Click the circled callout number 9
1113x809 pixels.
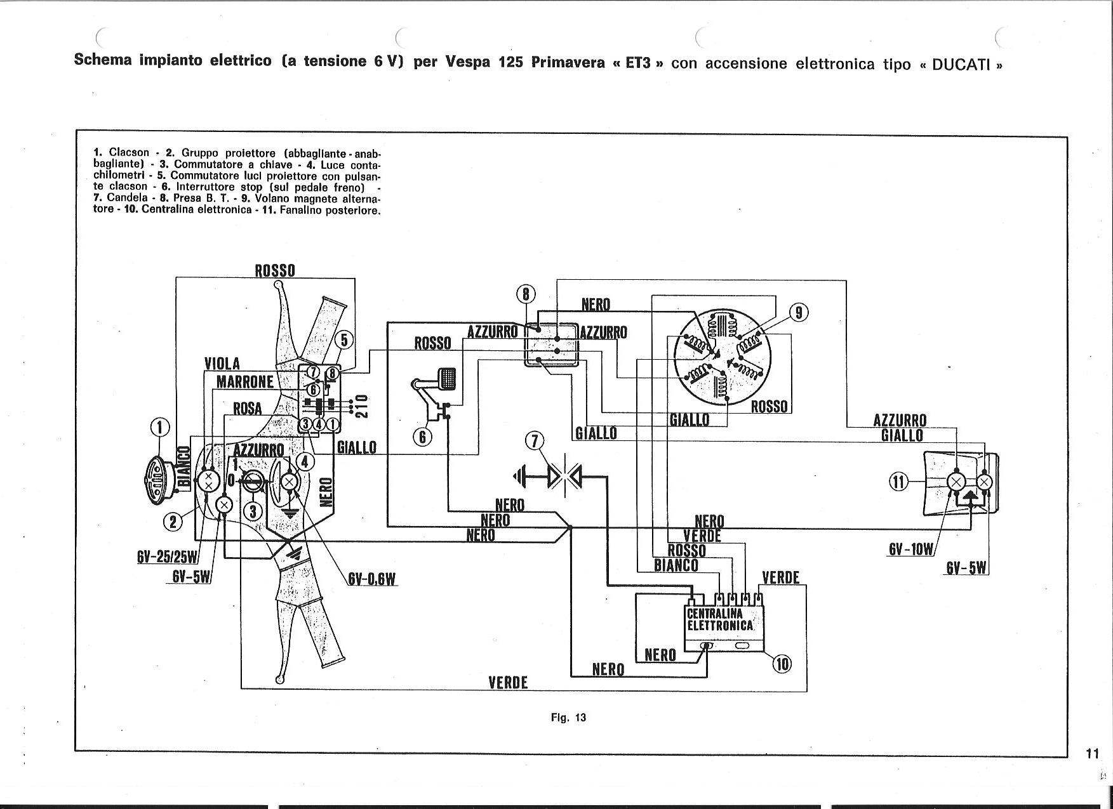click(x=799, y=313)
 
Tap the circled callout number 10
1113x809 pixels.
click(x=782, y=664)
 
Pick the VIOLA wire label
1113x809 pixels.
click(x=222, y=364)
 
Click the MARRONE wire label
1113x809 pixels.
click(x=245, y=381)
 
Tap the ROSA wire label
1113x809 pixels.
click(x=248, y=409)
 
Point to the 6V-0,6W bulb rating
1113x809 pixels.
click(x=372, y=579)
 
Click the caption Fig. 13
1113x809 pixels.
click(x=568, y=718)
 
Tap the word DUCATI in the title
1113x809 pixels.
click(x=961, y=65)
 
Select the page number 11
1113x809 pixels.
click(x=1092, y=754)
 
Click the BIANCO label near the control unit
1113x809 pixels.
click(x=676, y=565)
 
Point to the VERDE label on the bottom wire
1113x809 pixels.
click(x=508, y=683)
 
